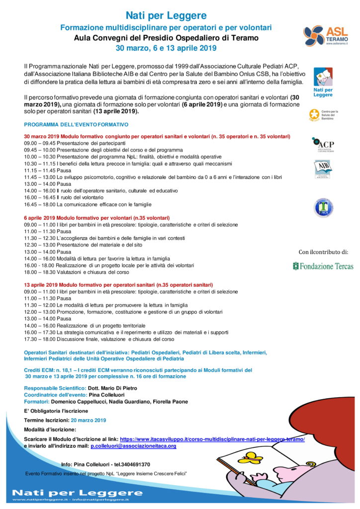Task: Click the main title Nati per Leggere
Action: [x=166, y=16]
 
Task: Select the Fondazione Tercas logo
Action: [x=323, y=266]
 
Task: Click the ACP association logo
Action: [x=323, y=145]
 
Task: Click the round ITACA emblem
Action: [x=323, y=207]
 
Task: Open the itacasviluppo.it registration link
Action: [x=212, y=439]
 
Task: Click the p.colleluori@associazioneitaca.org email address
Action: [x=133, y=446]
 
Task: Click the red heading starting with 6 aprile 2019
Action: [x=97, y=218]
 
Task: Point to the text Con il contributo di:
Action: [x=323, y=252]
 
